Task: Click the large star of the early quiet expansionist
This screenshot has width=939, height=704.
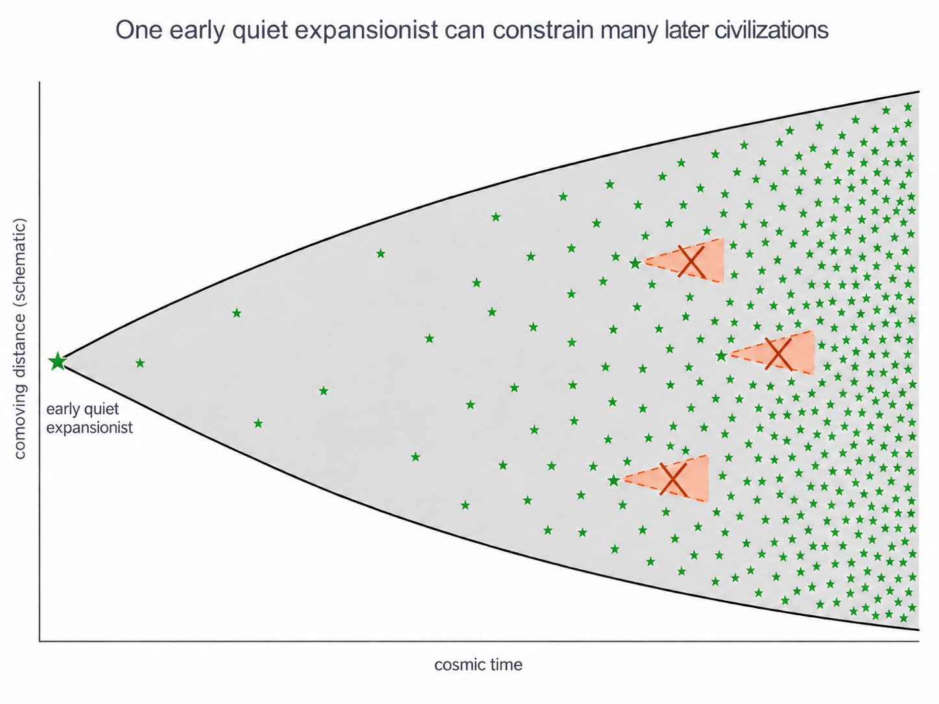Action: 58,362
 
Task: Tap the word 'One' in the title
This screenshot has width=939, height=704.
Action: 139,30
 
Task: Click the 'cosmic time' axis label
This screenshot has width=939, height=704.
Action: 479,664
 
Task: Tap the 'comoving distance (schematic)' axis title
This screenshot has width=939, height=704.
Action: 20,338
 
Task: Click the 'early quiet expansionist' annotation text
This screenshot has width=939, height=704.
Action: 89,419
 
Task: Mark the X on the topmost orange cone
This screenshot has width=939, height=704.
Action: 691,261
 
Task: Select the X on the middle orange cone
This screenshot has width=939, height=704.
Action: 778,354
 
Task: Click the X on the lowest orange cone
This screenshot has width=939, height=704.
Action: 673,479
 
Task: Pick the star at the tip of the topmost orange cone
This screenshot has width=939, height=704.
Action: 636,263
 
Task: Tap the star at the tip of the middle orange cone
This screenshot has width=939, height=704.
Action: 722,356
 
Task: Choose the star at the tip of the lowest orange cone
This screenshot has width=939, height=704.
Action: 614,480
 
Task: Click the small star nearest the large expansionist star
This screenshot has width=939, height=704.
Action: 140,363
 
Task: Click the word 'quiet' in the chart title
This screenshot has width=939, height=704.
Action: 259,30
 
